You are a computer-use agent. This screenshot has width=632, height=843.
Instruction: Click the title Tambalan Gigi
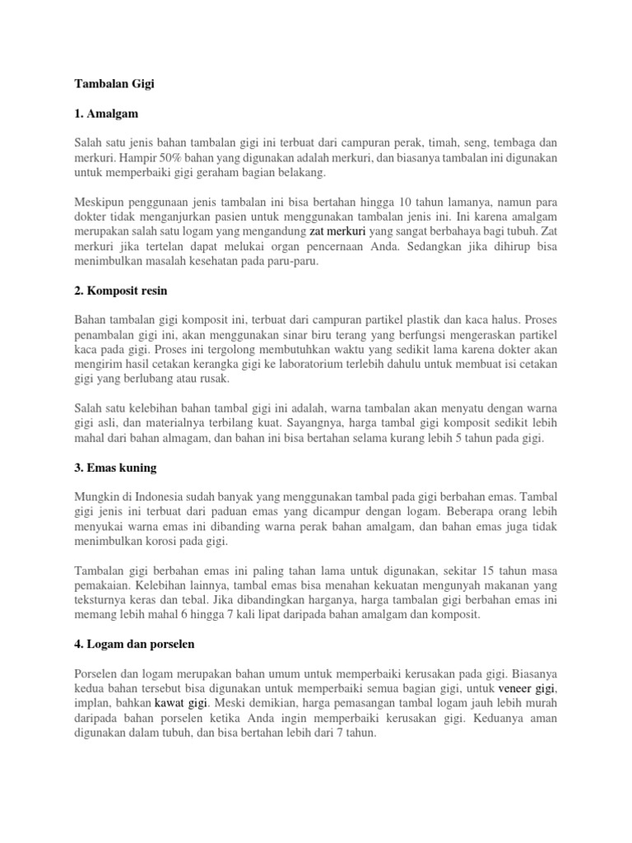click(114, 83)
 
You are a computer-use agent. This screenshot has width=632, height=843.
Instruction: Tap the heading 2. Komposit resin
click(126, 291)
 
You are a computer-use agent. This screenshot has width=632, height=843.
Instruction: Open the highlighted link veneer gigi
click(527, 688)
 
